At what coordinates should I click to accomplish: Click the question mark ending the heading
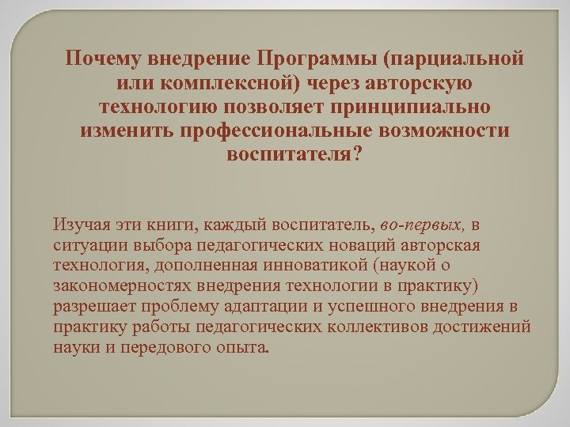tap(357, 153)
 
